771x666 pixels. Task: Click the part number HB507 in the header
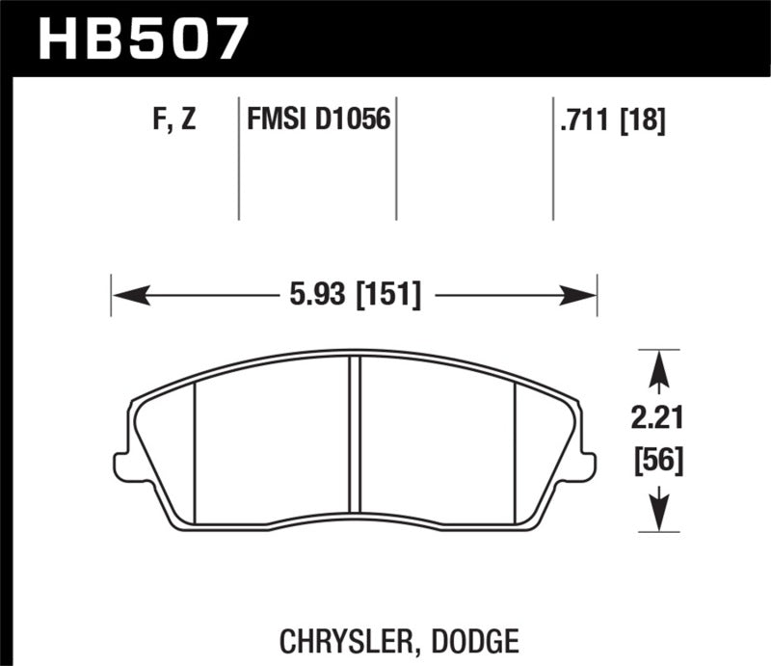point(143,40)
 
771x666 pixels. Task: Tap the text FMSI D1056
point(318,121)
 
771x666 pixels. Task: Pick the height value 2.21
point(657,420)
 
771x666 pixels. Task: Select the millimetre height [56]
point(657,461)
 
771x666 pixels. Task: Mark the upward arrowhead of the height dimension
point(657,366)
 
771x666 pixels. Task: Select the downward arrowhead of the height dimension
point(657,514)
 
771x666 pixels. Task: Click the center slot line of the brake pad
point(355,434)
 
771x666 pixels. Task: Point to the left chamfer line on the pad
point(196,443)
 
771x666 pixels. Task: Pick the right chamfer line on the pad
point(517,443)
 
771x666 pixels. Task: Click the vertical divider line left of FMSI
point(238,159)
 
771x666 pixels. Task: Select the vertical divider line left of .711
point(553,159)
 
